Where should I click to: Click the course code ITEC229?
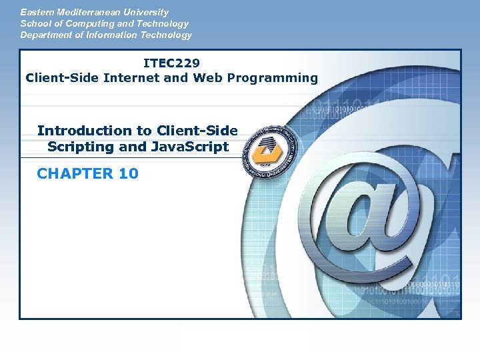coord(171,63)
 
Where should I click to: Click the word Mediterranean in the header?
coord(89,12)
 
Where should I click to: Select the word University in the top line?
coord(146,12)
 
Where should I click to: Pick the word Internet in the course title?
coord(133,78)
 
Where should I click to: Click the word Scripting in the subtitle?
coord(81,147)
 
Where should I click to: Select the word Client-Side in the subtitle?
coord(197,131)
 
